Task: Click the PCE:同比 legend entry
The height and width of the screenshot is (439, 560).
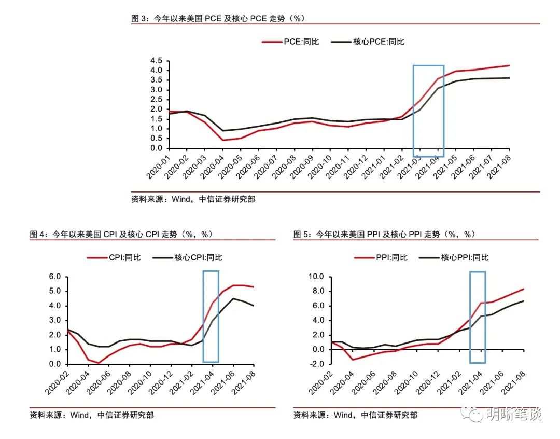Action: pyautogui.click(x=290, y=42)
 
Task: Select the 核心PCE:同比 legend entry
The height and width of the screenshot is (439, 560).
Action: pyautogui.click(x=368, y=42)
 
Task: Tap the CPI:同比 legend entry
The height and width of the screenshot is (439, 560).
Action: pyautogui.click(x=114, y=257)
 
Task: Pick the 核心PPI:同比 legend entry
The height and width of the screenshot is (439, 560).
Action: pyautogui.click(x=454, y=257)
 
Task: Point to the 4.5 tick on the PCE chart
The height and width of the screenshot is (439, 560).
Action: pyautogui.click(x=156, y=61)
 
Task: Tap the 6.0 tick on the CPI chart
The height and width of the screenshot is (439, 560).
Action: pyautogui.click(x=54, y=277)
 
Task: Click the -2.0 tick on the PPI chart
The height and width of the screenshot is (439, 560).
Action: pyautogui.click(x=316, y=364)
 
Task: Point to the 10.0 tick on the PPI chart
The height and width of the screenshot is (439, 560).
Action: pyautogui.click(x=316, y=277)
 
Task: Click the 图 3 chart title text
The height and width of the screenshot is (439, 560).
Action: pyautogui.click(x=218, y=18)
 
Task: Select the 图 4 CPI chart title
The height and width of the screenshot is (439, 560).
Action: pyautogui.click(x=121, y=234)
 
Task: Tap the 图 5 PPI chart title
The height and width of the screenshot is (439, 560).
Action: pyautogui.click(x=384, y=234)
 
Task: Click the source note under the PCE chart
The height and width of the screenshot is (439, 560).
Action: pyautogui.click(x=193, y=199)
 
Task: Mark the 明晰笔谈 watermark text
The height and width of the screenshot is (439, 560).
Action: pyautogui.click(x=514, y=414)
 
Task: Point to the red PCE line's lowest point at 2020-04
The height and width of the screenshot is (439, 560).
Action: pyautogui.click(x=223, y=140)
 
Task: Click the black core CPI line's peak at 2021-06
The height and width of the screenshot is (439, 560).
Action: pyautogui.click(x=233, y=298)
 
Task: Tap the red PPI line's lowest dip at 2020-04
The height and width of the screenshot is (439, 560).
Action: pyautogui.click(x=353, y=360)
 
